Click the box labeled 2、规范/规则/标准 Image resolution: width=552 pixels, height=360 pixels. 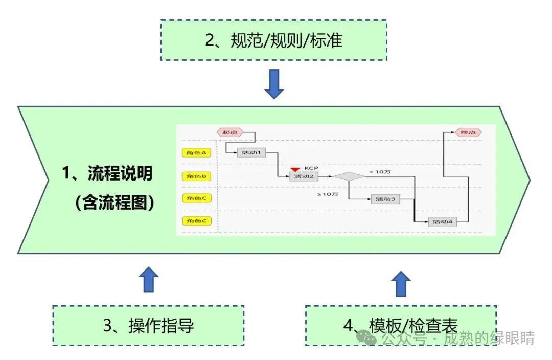point(273,40)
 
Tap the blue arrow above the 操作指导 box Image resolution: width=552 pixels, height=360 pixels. point(149,279)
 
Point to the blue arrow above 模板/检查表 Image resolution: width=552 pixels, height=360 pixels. point(401,283)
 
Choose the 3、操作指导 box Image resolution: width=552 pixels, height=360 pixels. point(148,325)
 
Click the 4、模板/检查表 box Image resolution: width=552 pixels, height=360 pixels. point(401,325)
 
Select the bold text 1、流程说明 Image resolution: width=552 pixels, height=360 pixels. point(107,173)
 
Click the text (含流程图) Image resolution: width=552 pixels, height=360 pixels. point(114,203)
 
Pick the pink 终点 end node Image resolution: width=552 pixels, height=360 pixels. point(468,132)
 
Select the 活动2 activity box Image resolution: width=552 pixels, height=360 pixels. point(304,176)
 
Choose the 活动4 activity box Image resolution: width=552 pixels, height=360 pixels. point(443,222)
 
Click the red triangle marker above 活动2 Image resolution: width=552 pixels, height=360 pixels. point(295,169)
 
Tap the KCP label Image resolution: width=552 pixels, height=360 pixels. point(311,168)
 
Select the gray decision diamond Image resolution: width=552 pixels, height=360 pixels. point(349,176)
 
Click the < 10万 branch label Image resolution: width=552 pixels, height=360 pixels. point(380,172)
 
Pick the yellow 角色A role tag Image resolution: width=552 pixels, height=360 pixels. point(196,152)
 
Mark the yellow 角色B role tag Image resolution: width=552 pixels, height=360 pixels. point(196,176)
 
